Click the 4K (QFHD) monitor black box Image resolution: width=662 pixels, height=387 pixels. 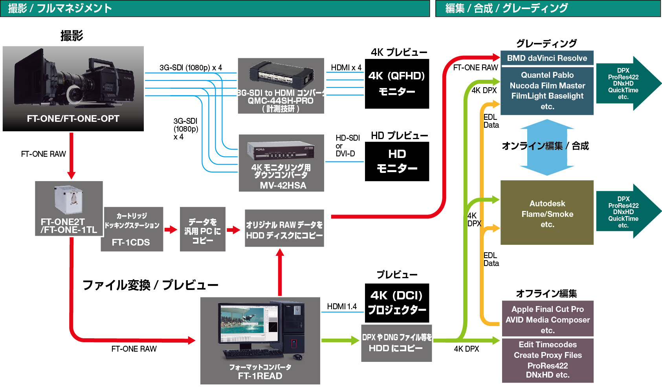coord(397,84)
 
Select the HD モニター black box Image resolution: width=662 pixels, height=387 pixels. coord(397,161)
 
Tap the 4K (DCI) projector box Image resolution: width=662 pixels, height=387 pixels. coord(397,303)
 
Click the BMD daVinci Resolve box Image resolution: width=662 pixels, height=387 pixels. coord(547,58)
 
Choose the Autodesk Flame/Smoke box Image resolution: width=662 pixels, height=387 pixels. coord(547,213)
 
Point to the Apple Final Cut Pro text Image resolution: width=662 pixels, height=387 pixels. coord(547,309)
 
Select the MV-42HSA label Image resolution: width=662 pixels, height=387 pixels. coord(283,185)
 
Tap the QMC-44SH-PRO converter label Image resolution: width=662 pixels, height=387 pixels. coord(281,101)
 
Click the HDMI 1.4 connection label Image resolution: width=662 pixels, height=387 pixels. coord(342,306)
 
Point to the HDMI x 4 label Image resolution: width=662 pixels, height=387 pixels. coord(346,68)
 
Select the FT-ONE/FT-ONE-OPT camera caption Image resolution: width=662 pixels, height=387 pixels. coord(73,119)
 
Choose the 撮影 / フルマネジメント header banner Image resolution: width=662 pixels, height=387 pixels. coord(215,8)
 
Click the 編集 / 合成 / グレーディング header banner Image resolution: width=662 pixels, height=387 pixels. coord(548,8)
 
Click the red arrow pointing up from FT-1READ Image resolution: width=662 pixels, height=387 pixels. coord(280,271)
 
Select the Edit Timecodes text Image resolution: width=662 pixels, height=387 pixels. coord(548,345)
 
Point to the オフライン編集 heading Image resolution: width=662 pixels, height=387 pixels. coord(546,293)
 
